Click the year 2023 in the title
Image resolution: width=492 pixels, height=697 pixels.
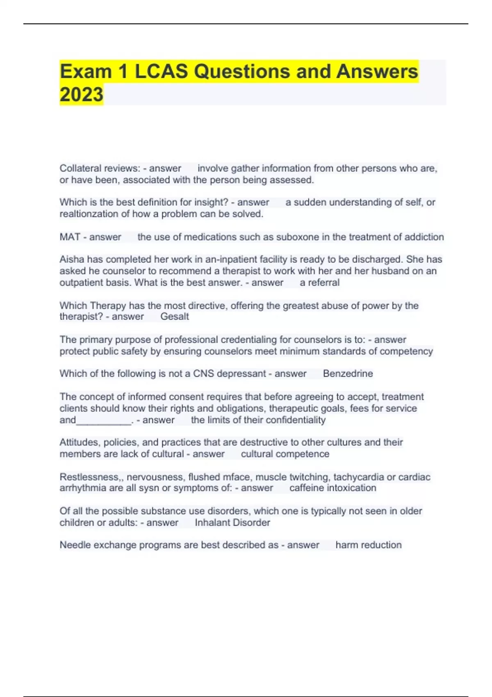pyautogui.click(x=81, y=95)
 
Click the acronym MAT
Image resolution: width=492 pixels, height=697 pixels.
pyautogui.click(x=70, y=237)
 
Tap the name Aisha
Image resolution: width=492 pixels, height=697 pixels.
pyautogui.click(x=70, y=260)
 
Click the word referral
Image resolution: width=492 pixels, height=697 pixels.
pyautogui.click(x=323, y=282)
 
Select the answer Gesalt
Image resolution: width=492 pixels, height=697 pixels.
pyautogui.click(x=175, y=317)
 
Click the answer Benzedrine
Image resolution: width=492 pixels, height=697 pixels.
pyautogui.click(x=348, y=374)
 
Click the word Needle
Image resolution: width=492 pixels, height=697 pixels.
pyautogui.click(x=73, y=545)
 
